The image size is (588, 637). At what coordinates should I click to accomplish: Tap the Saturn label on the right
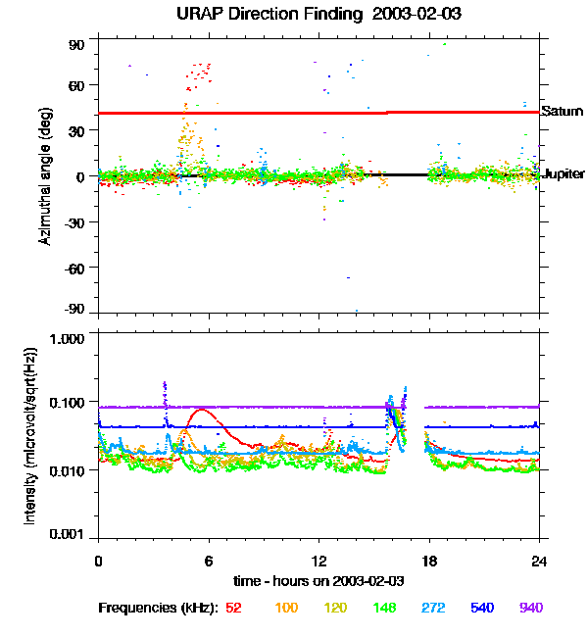pos(562,112)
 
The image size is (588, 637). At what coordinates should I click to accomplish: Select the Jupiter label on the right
pos(563,173)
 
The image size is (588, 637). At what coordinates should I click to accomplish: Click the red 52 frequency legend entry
pos(233,608)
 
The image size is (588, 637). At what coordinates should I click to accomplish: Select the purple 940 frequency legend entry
pos(530,608)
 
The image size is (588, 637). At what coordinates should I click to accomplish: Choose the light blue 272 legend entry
pos(434,608)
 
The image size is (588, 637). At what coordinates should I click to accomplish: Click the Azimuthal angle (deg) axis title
pos(45,177)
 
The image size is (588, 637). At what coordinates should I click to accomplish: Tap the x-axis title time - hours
pos(318,580)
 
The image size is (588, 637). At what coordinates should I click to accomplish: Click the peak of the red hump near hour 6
pos(202,410)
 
